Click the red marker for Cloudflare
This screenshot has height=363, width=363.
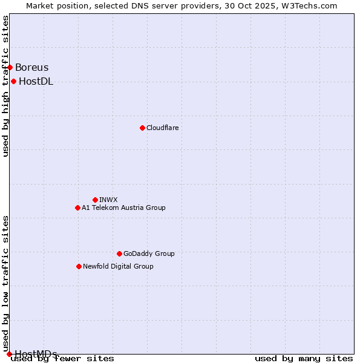142,128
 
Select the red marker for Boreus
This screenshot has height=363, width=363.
10,67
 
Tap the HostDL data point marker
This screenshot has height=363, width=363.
13,81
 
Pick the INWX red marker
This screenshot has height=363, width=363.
95,200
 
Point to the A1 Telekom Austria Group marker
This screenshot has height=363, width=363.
77,208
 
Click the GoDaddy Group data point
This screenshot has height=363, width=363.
119,253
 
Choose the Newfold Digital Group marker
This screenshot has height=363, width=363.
79,266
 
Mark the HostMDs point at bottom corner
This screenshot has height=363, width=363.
9,354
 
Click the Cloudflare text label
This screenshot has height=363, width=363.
162,128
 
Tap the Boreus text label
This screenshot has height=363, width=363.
32,68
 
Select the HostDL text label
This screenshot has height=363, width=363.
36,82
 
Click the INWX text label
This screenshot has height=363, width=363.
108,200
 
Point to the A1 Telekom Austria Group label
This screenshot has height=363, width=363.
123,208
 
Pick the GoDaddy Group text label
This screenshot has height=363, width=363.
149,253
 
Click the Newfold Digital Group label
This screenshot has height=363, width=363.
118,266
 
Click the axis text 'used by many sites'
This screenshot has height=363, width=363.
304,359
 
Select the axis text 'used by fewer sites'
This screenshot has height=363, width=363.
63,359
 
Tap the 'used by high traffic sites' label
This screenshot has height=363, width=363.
5,86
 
